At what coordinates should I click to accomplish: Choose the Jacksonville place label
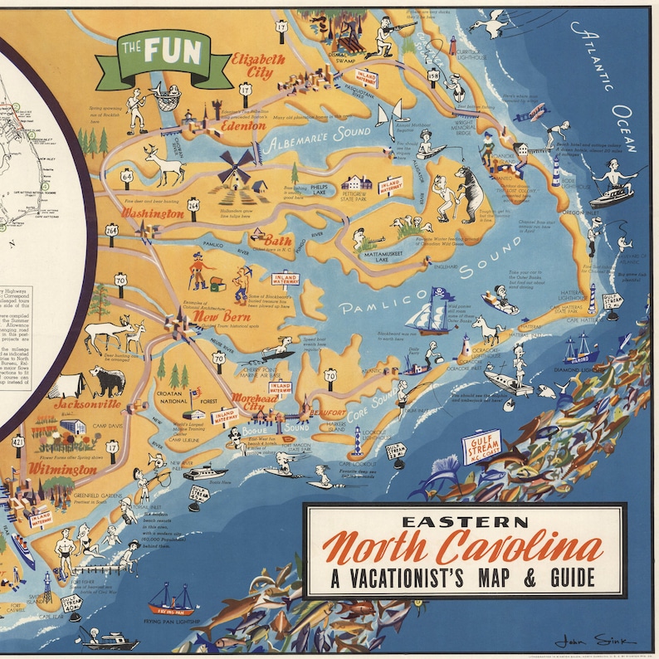click(x=86, y=404)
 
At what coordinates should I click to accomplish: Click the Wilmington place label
click(x=61, y=469)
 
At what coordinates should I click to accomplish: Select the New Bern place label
click(x=217, y=316)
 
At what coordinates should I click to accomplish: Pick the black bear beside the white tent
click(x=107, y=381)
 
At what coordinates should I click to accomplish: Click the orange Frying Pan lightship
click(x=170, y=600)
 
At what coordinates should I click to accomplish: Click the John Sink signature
click(x=595, y=642)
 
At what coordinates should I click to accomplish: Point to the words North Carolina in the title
click(x=463, y=549)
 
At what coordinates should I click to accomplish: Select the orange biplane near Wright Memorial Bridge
click(x=531, y=113)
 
